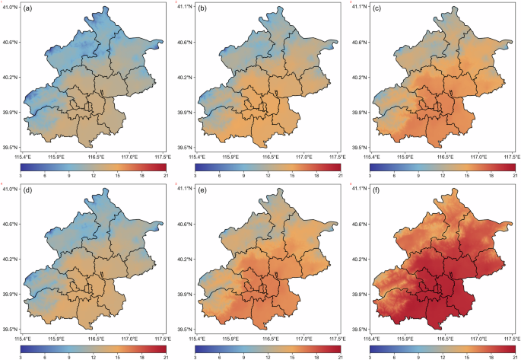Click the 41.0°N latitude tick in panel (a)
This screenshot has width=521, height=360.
coord(11,7)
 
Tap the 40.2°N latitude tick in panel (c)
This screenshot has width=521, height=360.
coord(359,77)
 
